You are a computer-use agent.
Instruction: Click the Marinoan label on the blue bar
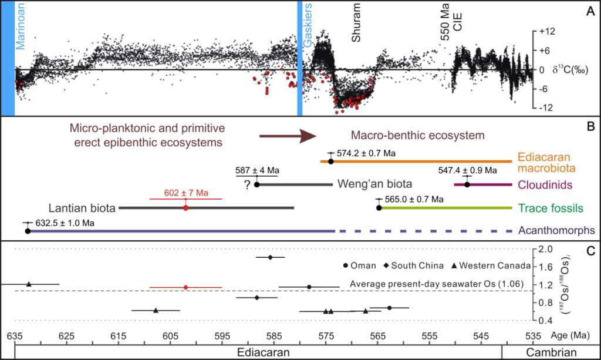coord(21,27)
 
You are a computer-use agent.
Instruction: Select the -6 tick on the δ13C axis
coord(545,89)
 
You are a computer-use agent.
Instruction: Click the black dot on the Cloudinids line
coord(467,184)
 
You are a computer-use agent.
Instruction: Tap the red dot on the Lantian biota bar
coord(186,208)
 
